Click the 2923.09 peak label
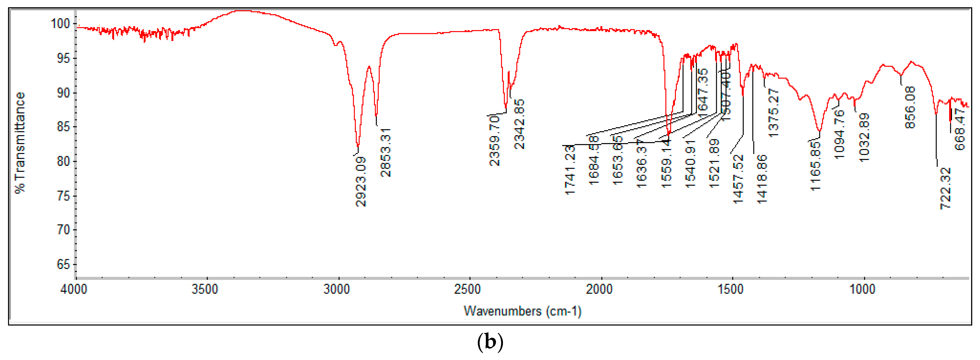pos(361,181)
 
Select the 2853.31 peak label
pos(386,153)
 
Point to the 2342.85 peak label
pos(519,124)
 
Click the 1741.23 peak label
pos(570,170)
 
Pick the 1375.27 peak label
pos(773,113)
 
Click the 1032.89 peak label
pos(864,137)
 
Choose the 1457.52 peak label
pos(738,179)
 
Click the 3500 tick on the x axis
pos(205,289)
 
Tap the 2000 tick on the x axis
pos(599,289)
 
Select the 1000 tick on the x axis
pos(862,289)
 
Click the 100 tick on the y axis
pos(60,24)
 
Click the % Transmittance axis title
pos(20,143)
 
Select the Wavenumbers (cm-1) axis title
pos(522,311)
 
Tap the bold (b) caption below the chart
pos(490,342)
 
